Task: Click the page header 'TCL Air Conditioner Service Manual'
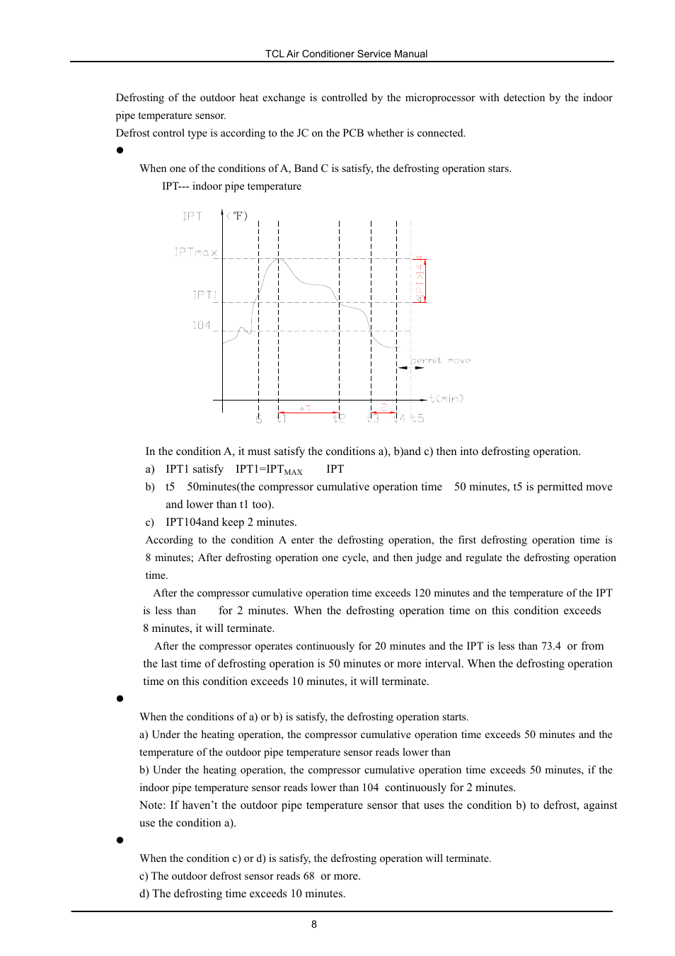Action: (x=346, y=54)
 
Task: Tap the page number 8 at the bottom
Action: (x=314, y=924)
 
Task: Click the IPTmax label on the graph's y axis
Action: (x=196, y=252)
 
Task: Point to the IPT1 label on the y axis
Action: (x=205, y=295)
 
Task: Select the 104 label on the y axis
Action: (x=202, y=326)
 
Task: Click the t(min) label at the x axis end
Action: (x=446, y=398)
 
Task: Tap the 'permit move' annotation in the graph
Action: (x=441, y=360)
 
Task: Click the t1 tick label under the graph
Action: (x=282, y=418)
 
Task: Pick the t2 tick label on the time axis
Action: (x=340, y=418)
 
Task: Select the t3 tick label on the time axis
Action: (x=372, y=418)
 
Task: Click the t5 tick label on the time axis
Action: (x=417, y=418)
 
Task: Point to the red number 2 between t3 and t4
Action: (x=384, y=407)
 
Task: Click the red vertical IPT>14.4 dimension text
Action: (x=420, y=280)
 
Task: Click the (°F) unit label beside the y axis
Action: (x=238, y=216)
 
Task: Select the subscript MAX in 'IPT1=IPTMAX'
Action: (x=293, y=472)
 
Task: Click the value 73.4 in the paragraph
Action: (x=550, y=646)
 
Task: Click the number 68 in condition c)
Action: (x=308, y=876)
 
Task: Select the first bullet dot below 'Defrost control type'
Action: (x=120, y=150)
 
